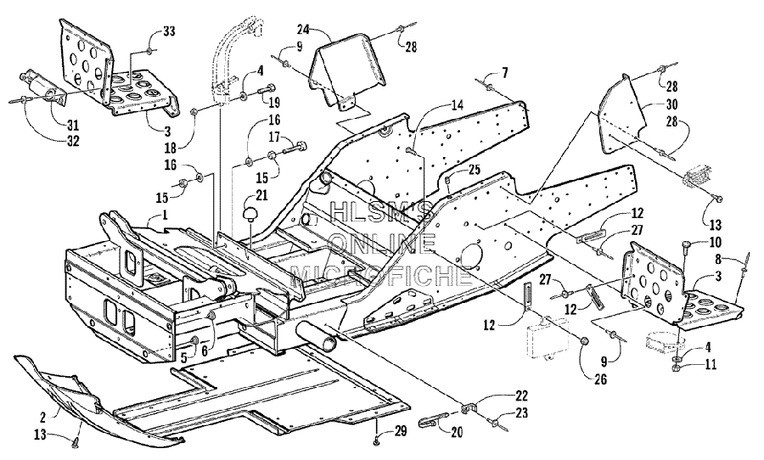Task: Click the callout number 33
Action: click(169, 31)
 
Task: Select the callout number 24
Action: click(304, 30)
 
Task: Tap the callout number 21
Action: click(262, 196)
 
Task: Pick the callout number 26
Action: click(601, 379)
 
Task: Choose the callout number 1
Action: click(165, 214)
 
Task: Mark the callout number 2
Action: click(43, 417)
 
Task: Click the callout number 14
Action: click(458, 104)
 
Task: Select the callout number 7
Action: click(505, 73)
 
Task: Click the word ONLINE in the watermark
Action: click(383, 244)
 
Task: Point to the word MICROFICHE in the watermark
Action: click(381, 275)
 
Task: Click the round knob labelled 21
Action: click(252, 213)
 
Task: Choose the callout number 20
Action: click(457, 432)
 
